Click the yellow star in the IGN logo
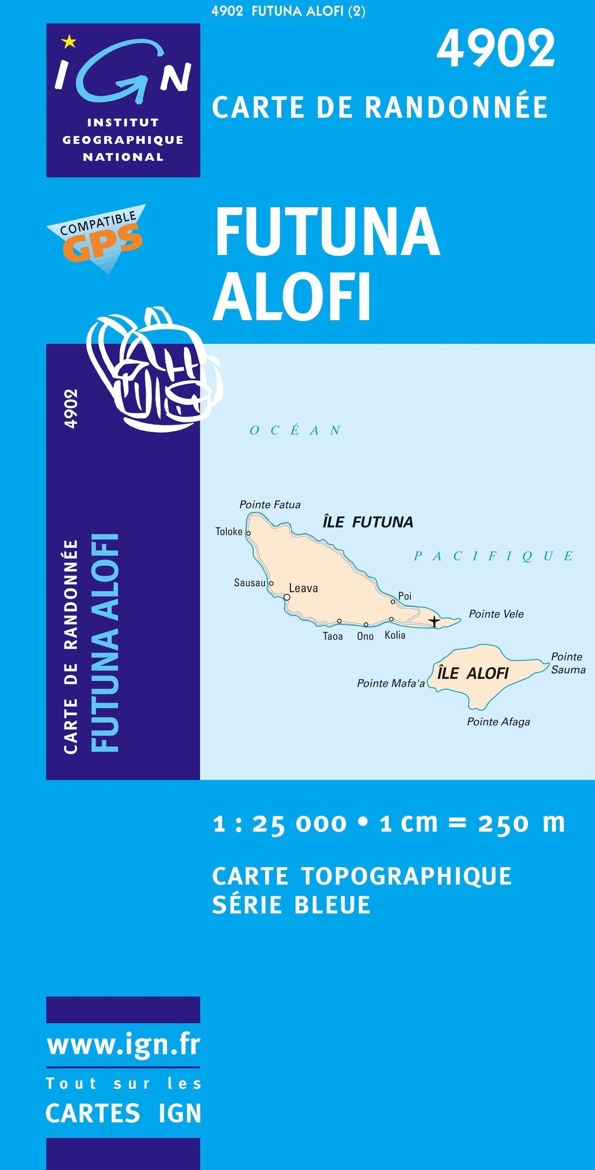[x=69, y=43]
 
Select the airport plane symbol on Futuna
[x=435, y=621]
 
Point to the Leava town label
[x=304, y=588]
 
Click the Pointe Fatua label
[x=270, y=504]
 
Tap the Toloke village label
[x=229, y=531]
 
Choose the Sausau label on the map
[x=249, y=583]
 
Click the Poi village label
[x=405, y=596]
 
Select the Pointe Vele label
[x=496, y=614]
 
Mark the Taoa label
[x=333, y=636]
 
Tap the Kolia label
[x=395, y=635]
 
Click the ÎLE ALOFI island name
[x=473, y=673]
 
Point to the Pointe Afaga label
[x=498, y=722]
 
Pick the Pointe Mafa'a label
[x=390, y=683]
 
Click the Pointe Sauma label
[x=568, y=663]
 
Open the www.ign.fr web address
[x=123, y=1046]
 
